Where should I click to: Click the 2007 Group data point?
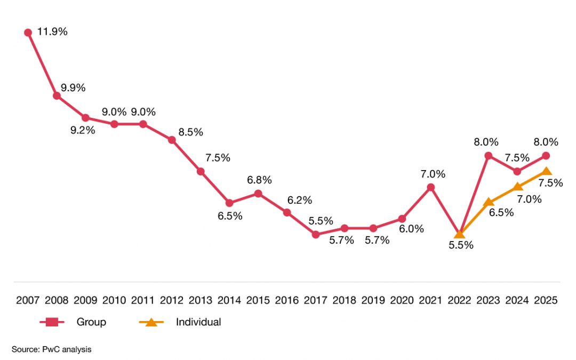click(28, 33)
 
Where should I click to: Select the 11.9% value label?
click(53, 31)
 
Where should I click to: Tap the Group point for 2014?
click(229, 203)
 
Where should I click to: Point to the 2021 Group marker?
click(430, 187)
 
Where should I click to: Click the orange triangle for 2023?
click(488, 202)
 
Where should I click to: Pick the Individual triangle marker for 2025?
click(546, 171)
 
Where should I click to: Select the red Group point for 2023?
click(488, 156)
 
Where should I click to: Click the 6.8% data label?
click(259, 180)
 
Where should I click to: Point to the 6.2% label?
click(300, 200)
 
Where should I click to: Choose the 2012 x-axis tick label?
click(172, 300)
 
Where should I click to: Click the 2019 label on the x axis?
click(373, 300)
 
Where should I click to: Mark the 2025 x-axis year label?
click(546, 300)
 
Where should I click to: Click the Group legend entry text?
click(91, 322)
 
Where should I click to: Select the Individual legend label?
click(198, 322)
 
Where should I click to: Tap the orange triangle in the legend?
click(151, 322)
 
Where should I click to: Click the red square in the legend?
click(52, 322)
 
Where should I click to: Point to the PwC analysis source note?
click(52, 349)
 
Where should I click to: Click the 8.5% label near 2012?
click(190, 132)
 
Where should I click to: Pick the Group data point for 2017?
click(316, 234)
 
